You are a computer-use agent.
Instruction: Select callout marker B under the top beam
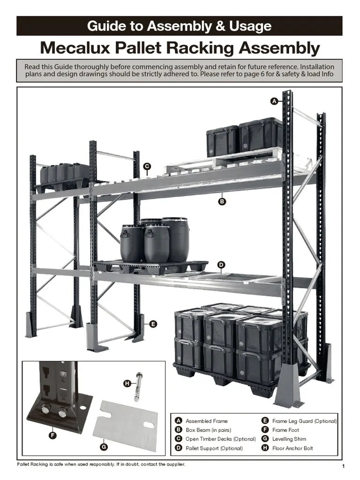coord(222,202)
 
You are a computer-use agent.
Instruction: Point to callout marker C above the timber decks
coord(147,166)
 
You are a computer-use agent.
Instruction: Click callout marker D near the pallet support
coord(221,265)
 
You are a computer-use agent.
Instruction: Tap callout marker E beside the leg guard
coord(153,323)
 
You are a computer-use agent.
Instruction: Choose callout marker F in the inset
coord(52,435)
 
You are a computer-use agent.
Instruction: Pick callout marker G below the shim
coord(104,447)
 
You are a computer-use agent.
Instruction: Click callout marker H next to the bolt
coord(127,383)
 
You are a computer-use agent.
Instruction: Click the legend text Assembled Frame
coord(206,421)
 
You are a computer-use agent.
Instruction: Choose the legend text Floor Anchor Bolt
coord(292,448)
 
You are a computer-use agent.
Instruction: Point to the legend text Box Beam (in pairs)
coord(208,430)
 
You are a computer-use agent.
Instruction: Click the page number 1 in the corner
coord(344,466)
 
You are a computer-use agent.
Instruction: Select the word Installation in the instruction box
coord(313,67)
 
